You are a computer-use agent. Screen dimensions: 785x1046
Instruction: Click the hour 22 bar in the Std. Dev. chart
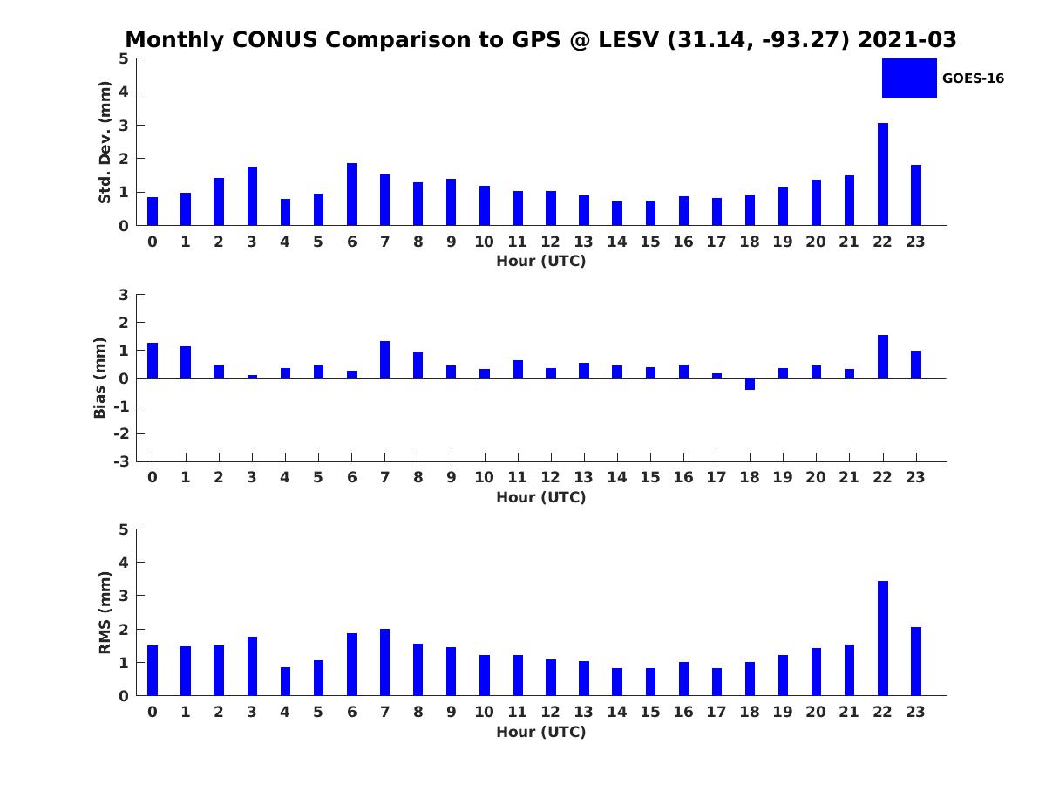(x=883, y=174)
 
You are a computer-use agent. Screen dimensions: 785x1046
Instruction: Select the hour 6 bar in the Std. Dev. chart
(x=351, y=195)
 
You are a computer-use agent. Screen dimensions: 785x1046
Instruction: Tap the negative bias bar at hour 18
(x=750, y=384)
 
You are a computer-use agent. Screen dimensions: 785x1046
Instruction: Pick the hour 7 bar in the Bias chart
(x=384, y=359)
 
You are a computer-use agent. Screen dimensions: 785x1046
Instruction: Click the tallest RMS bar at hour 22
(x=883, y=638)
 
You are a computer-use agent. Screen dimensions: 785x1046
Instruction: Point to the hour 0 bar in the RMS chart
(x=153, y=671)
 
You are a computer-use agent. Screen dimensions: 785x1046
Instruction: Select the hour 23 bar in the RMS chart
(x=916, y=661)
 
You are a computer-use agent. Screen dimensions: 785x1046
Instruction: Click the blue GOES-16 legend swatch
(x=909, y=78)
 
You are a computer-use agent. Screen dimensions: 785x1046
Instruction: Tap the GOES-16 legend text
(x=973, y=78)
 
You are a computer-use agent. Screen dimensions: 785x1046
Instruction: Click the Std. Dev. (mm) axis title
(x=105, y=142)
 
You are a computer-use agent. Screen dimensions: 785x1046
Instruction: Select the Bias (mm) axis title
(x=100, y=378)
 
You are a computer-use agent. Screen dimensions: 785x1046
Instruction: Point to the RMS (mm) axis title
(x=105, y=612)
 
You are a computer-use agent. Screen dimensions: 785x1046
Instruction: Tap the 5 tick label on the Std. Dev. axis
(x=125, y=58)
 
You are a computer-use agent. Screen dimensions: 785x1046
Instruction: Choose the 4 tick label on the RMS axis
(x=125, y=563)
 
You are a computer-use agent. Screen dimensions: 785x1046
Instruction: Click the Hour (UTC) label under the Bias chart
(x=540, y=497)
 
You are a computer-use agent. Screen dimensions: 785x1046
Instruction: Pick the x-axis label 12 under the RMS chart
(x=550, y=712)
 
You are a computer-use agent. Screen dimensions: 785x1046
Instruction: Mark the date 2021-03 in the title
(x=907, y=40)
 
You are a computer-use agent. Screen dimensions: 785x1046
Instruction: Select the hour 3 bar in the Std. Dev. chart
(x=252, y=196)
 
